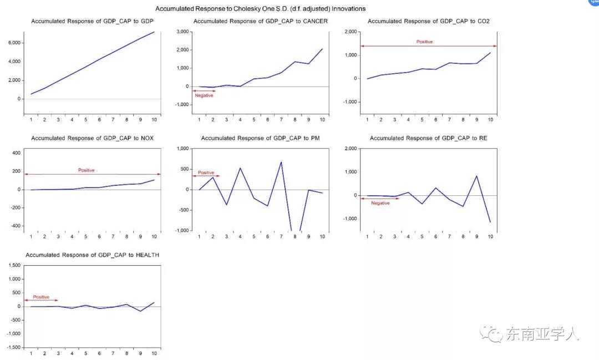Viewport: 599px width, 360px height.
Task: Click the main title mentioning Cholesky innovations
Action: [x=260, y=9]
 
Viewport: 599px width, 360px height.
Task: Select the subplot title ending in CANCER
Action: [x=260, y=21]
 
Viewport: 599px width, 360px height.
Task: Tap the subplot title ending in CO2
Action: [x=428, y=21]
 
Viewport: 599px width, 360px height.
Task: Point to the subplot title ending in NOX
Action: [x=92, y=138]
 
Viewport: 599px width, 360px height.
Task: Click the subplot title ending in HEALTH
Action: [x=92, y=255]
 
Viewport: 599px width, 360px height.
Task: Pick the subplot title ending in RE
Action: [x=428, y=138]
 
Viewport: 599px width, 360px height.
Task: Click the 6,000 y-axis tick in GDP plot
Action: [x=14, y=43]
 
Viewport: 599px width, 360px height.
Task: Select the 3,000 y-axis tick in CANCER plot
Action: [x=181, y=32]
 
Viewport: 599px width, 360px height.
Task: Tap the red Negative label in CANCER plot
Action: [x=204, y=95]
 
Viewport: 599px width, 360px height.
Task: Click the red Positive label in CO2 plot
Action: [x=424, y=42]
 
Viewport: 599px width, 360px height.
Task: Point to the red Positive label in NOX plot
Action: [x=86, y=170]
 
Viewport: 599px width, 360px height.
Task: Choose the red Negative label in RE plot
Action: [x=380, y=203]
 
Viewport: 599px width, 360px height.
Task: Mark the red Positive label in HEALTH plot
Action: [x=40, y=297]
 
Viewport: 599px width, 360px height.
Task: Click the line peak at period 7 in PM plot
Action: [x=281, y=162]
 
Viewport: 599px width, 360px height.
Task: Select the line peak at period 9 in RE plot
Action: [x=476, y=176]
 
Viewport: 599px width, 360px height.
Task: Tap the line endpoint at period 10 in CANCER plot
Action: [x=322, y=49]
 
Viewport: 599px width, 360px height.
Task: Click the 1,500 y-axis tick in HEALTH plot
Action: [x=13, y=266]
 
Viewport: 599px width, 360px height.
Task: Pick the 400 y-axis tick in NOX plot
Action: [x=16, y=153]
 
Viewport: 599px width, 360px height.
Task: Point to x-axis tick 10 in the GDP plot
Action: [x=154, y=120]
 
